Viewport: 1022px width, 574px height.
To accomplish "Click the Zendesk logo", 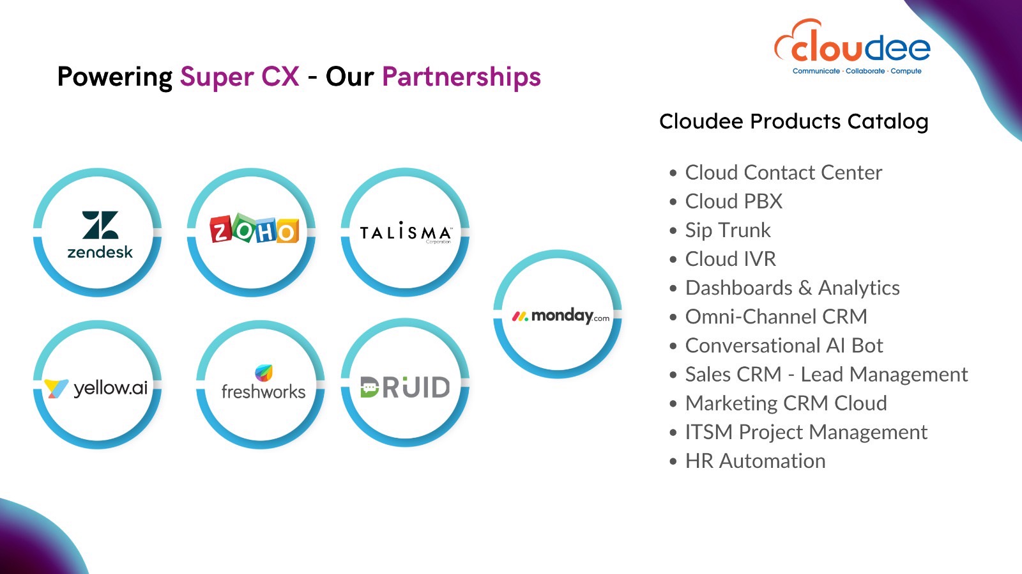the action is click(100, 235).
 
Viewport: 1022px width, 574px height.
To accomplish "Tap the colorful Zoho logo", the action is click(255, 228).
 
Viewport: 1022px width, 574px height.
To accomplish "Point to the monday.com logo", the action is click(560, 316).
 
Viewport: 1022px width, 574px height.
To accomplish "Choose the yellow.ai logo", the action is click(96, 388).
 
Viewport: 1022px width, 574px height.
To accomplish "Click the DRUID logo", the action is click(405, 387).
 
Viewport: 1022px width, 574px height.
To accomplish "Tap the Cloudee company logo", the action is click(852, 47).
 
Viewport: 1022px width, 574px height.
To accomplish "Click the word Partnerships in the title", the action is click(461, 76).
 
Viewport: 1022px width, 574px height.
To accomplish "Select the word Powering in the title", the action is click(115, 77).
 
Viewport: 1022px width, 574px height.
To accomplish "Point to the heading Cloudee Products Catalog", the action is click(794, 121).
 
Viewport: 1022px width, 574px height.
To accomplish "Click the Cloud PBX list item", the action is click(734, 201).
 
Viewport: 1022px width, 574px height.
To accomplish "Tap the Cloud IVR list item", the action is click(731, 259).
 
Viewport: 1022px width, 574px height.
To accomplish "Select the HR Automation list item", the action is click(756, 462).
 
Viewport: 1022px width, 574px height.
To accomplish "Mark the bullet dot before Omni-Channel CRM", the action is click(673, 317).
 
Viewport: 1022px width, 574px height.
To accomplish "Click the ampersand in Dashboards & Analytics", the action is click(805, 288).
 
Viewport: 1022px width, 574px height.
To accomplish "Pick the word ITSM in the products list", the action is click(709, 433).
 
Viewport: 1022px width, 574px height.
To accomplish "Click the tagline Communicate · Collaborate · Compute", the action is click(857, 71).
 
